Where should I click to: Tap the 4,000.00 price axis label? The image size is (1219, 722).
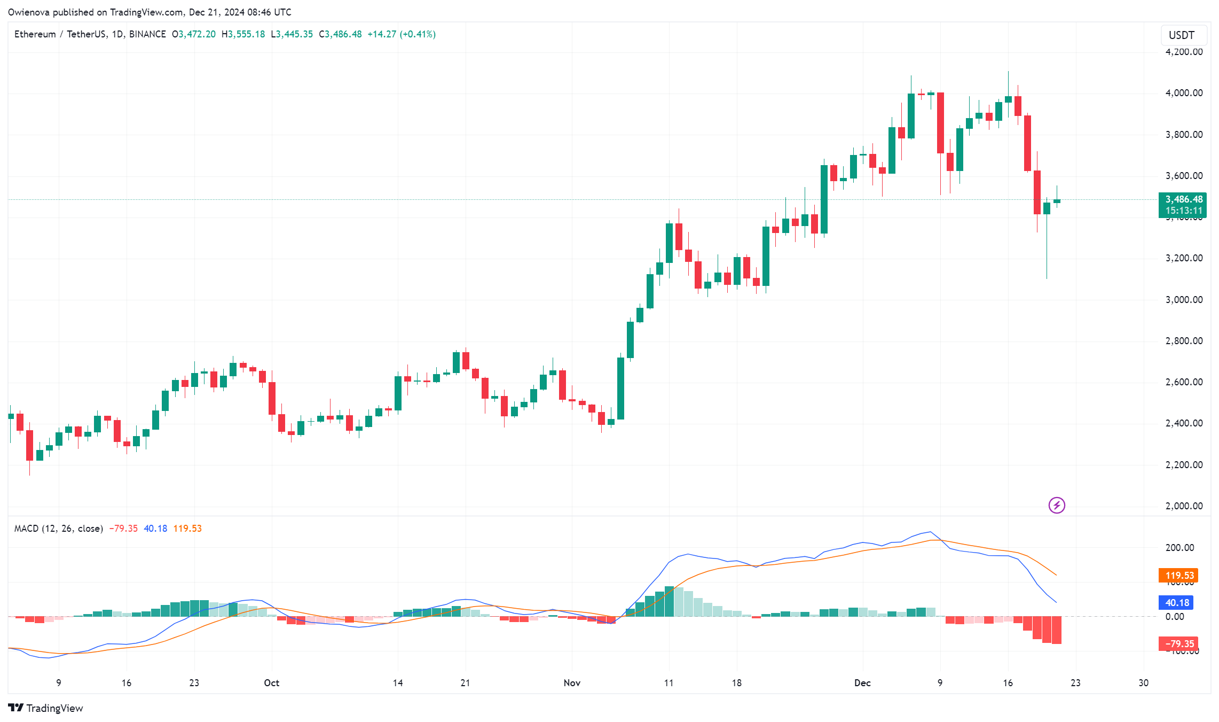[1184, 93]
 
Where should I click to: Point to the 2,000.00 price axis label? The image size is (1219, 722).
[1184, 506]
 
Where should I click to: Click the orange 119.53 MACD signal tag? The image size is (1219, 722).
[1179, 576]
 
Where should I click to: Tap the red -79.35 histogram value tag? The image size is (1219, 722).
[1178, 644]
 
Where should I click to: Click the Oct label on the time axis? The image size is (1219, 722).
[272, 683]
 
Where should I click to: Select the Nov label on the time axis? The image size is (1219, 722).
[572, 683]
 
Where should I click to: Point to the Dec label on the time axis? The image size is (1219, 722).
[862, 683]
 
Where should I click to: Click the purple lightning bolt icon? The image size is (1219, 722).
[1057, 505]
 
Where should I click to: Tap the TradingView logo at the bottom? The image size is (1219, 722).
[46, 708]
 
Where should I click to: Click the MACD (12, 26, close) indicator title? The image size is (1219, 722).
[59, 529]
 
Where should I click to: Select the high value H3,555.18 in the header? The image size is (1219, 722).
[243, 34]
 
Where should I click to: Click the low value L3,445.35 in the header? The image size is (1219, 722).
[292, 34]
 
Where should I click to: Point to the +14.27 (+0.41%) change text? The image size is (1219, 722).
[402, 34]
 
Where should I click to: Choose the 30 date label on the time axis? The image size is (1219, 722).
[1143, 683]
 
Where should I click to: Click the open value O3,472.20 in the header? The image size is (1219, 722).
[194, 34]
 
